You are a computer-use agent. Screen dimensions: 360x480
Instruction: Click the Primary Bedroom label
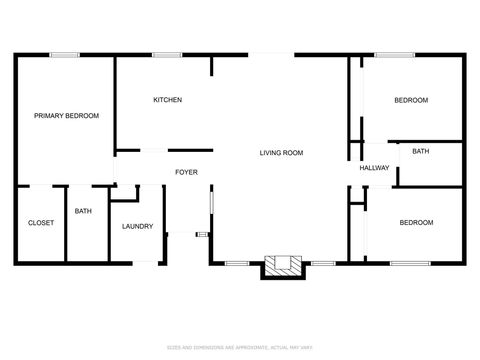point(67,116)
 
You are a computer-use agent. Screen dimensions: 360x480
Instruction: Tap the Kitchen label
point(167,100)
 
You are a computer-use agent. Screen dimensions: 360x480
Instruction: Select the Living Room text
point(281,153)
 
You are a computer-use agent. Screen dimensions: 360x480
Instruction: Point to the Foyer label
point(186,172)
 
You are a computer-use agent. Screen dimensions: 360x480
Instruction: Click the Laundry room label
point(137,226)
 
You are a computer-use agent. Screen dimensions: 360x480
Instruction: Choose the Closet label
point(40,222)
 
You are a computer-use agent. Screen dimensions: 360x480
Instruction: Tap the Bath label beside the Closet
point(83,211)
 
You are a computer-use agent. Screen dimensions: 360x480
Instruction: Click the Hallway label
point(374,168)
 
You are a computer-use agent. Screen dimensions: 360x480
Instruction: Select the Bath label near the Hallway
point(420,151)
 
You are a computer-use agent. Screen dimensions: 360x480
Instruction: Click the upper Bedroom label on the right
point(410,100)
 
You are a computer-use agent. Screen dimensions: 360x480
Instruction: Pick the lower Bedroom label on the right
point(416,222)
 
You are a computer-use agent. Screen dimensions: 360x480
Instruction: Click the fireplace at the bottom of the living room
point(282,266)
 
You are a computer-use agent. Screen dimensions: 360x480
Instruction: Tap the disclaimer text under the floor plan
point(240,347)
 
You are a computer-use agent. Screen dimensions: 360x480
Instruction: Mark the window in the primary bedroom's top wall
point(65,56)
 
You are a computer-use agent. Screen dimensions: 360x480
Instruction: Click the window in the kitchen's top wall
point(167,56)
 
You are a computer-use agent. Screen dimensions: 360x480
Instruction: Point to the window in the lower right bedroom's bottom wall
point(409,263)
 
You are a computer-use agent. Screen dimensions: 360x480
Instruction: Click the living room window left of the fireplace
point(236,263)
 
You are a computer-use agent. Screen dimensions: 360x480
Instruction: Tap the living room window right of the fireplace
point(322,263)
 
